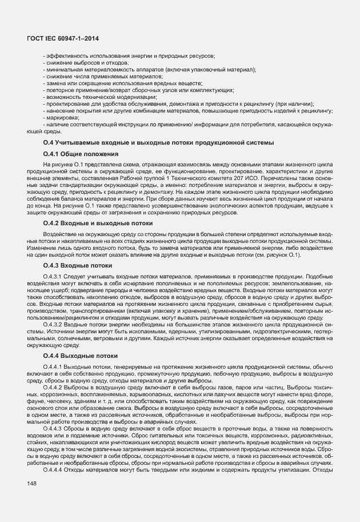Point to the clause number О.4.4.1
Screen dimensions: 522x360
[x=53, y=366]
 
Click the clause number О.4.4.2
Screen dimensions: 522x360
[x=53, y=387]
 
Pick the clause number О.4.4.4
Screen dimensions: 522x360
[x=53, y=469]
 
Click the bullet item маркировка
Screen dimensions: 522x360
[x=61, y=117]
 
